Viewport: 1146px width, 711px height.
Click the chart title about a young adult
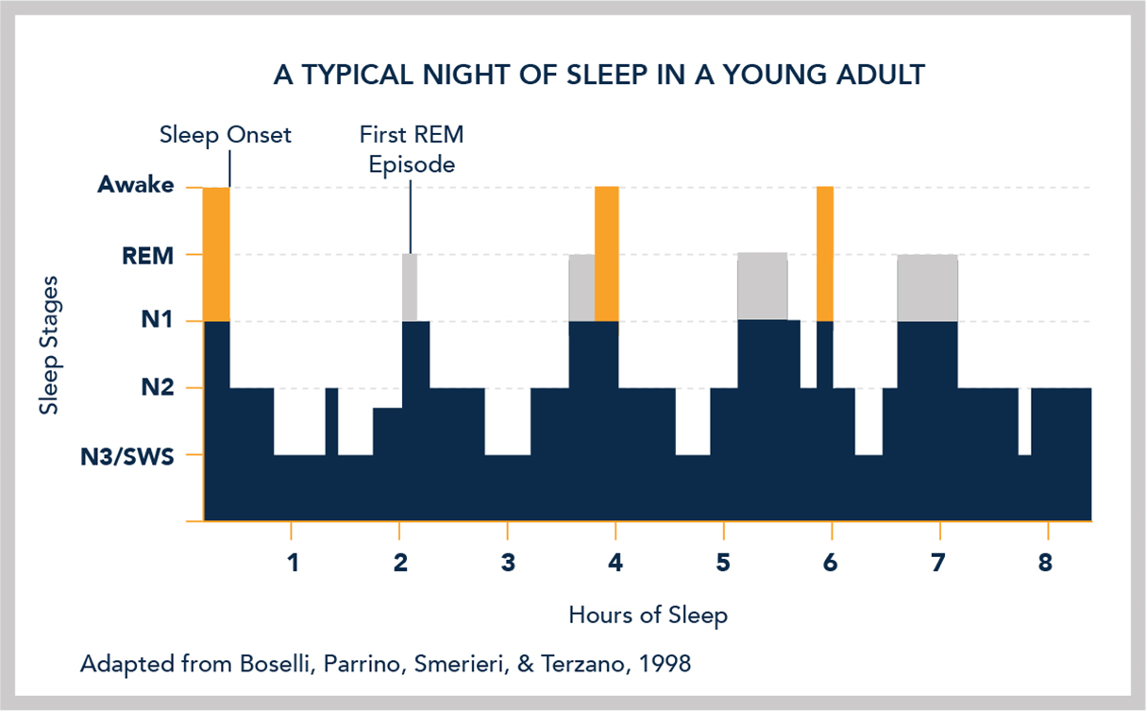click(x=598, y=75)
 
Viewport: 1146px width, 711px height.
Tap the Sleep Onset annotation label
click(x=226, y=135)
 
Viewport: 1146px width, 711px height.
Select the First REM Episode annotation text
click(x=411, y=149)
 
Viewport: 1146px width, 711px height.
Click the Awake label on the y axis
click(x=136, y=186)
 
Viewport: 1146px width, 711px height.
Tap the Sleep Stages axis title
click(x=45, y=346)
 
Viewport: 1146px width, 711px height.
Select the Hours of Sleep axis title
click(x=648, y=616)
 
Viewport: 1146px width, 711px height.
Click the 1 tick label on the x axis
click(x=292, y=565)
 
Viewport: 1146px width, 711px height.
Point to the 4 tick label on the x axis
click(x=615, y=565)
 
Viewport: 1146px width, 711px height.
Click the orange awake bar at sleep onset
click(x=216, y=254)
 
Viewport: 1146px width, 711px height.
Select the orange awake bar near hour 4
click(x=606, y=254)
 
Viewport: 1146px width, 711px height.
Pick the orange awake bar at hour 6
click(x=825, y=254)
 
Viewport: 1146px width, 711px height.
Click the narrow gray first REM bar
click(x=409, y=287)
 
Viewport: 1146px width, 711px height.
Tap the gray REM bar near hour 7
click(x=927, y=288)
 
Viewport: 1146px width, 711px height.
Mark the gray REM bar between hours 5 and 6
click(x=762, y=287)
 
